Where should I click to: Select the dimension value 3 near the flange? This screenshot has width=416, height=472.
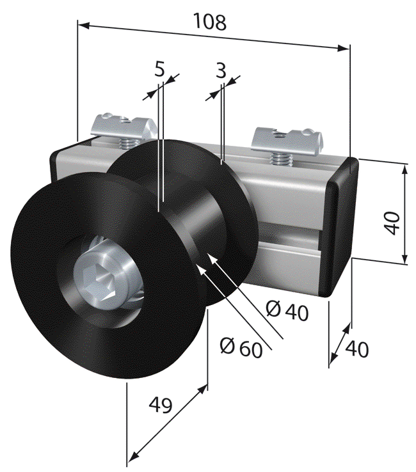pos(220,71)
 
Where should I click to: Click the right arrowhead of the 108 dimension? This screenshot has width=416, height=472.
pos(346,47)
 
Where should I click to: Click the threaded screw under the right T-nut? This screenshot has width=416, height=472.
pos(280,157)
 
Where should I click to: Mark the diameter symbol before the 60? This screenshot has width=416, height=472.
pos(225,345)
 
